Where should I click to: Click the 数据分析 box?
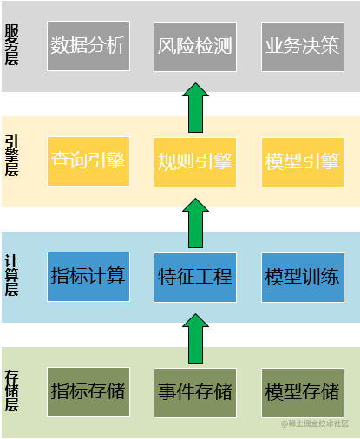[88, 46]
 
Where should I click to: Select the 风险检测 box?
[195, 46]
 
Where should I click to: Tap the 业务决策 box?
[302, 46]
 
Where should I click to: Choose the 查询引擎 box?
[88, 161]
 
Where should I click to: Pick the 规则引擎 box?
[195, 161]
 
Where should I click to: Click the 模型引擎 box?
[302, 161]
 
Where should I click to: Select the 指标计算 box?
[88, 278]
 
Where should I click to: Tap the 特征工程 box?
[195, 278]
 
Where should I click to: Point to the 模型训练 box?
[302, 278]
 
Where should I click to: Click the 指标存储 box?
[88, 392]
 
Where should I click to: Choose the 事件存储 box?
[195, 392]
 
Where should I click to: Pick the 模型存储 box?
[302, 392]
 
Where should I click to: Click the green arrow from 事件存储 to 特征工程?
[197, 337]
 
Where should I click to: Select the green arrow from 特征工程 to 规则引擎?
[197, 221]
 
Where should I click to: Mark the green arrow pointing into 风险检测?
[197, 105]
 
